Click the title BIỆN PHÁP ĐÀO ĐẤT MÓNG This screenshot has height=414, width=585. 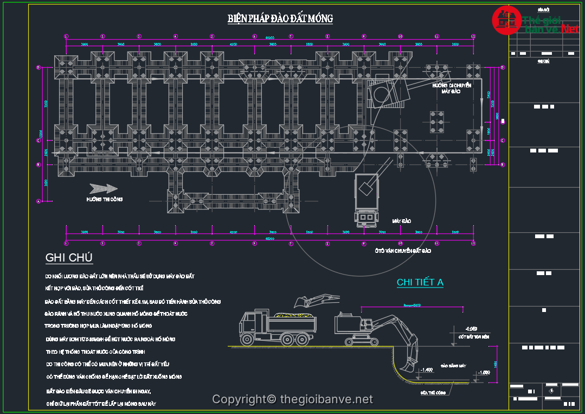[x=280, y=19]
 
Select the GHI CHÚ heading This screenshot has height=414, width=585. [x=69, y=257]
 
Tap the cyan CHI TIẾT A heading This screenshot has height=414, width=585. [x=420, y=282]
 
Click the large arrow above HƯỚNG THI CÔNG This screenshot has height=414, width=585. [x=103, y=188]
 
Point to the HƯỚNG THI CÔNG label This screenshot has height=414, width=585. [x=105, y=200]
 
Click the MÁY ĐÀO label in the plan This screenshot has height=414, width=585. [x=402, y=221]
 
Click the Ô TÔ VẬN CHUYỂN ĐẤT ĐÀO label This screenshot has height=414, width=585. [x=403, y=251]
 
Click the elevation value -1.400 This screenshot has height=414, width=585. [x=427, y=370]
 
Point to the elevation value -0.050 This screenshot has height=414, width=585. [x=471, y=329]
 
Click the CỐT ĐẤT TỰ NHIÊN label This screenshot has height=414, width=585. [x=474, y=337]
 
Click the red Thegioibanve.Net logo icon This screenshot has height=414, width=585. [x=506, y=20]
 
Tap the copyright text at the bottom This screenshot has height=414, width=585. [x=292, y=399]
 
